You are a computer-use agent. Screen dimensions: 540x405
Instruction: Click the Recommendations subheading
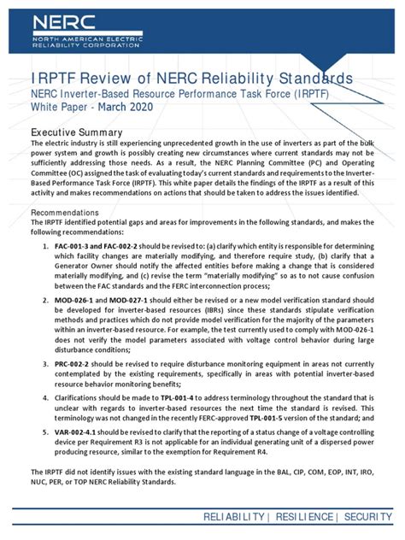(72, 211)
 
